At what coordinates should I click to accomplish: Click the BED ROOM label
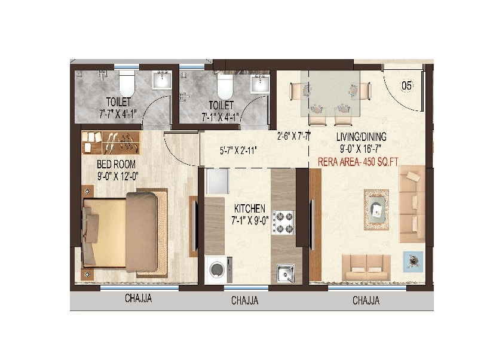(116, 164)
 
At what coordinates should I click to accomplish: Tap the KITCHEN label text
(250, 208)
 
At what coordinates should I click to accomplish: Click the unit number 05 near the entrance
(406, 86)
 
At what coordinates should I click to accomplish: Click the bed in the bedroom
(123, 232)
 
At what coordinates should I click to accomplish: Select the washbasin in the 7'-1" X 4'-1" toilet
(259, 84)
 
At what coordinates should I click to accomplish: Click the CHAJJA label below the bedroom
(138, 299)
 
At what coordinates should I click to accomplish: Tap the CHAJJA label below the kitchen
(244, 300)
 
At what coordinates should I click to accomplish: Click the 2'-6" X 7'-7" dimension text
(293, 136)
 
